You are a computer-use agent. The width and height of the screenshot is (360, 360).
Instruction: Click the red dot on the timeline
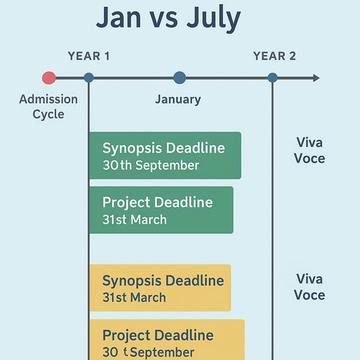tap(49, 78)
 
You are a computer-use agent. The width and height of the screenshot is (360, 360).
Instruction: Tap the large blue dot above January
tap(179, 77)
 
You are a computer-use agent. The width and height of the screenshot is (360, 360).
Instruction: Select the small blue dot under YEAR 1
tap(89, 77)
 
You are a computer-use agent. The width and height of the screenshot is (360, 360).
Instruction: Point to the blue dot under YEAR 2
tap(272, 77)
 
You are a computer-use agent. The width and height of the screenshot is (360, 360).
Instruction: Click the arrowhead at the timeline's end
tap(316, 78)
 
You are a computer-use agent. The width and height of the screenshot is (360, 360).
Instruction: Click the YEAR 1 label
tap(89, 56)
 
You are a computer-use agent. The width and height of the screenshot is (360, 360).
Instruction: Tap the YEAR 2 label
tap(274, 56)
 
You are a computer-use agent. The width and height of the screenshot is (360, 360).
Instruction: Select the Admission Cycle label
tap(48, 106)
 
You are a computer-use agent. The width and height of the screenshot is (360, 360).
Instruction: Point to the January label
tap(178, 100)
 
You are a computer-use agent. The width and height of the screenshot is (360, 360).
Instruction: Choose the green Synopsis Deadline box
tap(165, 155)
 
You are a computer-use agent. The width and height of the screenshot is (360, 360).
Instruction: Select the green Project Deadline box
tap(161, 210)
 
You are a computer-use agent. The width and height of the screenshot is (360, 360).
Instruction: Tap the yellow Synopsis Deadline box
tap(160, 288)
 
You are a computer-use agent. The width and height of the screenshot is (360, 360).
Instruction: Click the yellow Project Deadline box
tap(167, 339)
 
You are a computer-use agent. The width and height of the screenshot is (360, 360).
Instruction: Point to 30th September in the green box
tap(150, 166)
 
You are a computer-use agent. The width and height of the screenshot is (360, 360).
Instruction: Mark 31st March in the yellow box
tap(134, 297)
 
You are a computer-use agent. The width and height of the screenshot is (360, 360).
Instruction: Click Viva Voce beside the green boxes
tap(310, 150)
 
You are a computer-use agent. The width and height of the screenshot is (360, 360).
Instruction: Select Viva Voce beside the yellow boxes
tap(310, 287)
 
